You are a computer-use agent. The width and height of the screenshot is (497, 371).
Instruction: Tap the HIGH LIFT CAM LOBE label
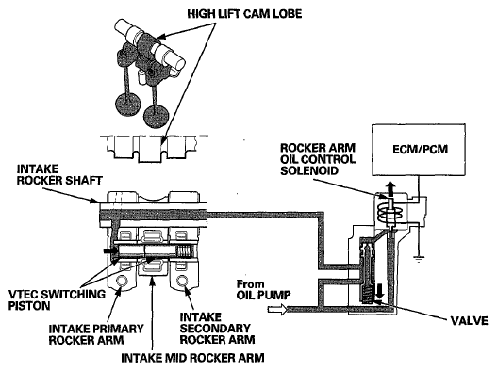pos(244,14)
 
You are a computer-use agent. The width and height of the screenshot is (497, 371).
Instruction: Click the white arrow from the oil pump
pos(277,309)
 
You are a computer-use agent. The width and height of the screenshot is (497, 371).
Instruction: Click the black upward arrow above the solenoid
pos(390,189)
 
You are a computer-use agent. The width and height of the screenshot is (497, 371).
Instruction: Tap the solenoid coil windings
pos(389,215)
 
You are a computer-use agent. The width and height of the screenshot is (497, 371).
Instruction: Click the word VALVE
pos(469,321)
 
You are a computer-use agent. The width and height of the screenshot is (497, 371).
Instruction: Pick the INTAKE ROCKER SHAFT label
pos(59,174)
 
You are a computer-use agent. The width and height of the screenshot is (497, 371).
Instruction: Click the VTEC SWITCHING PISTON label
pos(57,299)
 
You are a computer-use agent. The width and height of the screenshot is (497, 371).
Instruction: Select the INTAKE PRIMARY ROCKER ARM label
pos(96,334)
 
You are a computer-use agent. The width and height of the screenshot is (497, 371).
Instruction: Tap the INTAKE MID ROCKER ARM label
pos(192,358)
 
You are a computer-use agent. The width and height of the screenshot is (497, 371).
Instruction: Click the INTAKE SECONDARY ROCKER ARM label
pos(217,328)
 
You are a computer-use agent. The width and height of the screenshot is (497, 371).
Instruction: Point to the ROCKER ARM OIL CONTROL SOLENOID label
pos(318,159)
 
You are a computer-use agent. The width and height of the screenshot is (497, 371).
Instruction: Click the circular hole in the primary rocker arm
pos(122,281)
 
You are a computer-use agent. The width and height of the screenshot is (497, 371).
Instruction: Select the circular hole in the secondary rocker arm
pos(182,281)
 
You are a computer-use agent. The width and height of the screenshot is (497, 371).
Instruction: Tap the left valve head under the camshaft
pos(128,103)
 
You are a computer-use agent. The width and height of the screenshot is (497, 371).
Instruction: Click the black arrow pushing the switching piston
pos(108,250)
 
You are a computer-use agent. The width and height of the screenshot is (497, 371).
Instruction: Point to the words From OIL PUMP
pos(264,289)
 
